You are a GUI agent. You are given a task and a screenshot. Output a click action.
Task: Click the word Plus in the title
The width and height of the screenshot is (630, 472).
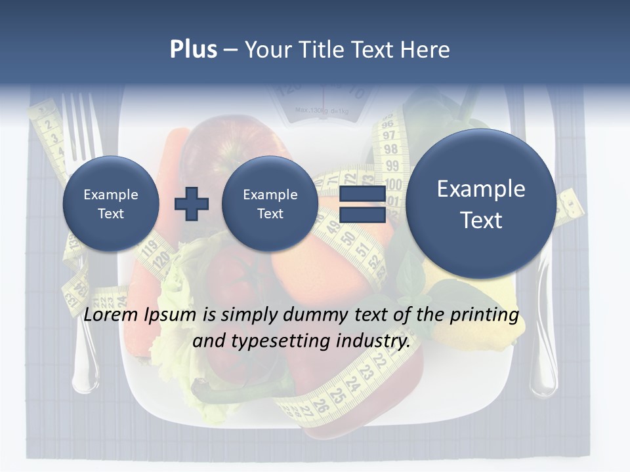pos(193,50)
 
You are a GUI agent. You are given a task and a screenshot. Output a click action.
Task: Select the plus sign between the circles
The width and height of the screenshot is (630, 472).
pos(191,204)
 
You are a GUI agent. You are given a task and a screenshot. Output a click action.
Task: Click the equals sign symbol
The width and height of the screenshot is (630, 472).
pos(362,205)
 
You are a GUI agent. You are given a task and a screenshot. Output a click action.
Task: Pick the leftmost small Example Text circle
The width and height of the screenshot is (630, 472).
pos(111,204)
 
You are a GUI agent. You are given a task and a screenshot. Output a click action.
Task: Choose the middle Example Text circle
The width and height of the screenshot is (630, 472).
pos(270,204)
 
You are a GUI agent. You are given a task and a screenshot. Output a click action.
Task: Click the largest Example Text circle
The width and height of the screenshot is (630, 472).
pos(481,204)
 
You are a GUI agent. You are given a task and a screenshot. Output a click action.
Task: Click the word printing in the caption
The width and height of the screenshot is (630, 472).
pos(484,315)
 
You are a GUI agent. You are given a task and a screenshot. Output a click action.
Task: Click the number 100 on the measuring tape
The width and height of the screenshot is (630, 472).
pos(393,184)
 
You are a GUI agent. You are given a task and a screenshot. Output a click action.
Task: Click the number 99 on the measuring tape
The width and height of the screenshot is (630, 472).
pos(392,166)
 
